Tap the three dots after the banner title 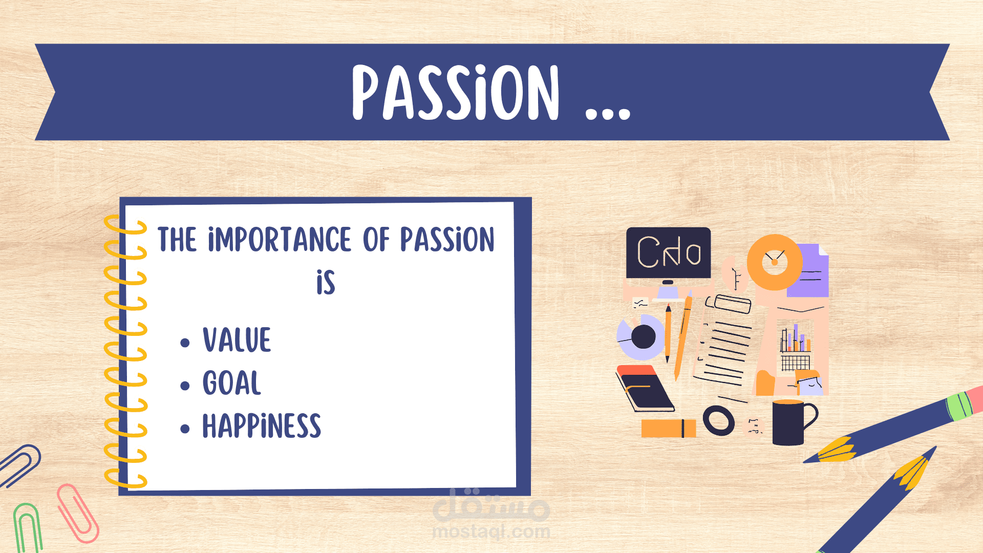(608, 113)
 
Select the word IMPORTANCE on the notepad (280, 240)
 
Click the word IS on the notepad (326, 282)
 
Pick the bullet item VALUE (237, 339)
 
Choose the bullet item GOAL (232, 382)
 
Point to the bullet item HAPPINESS (262, 426)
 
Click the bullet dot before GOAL (185, 386)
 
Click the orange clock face (775, 262)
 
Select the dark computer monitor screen (669, 253)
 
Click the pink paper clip (78, 513)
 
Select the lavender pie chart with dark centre (640, 337)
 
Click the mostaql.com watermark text (491, 531)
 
